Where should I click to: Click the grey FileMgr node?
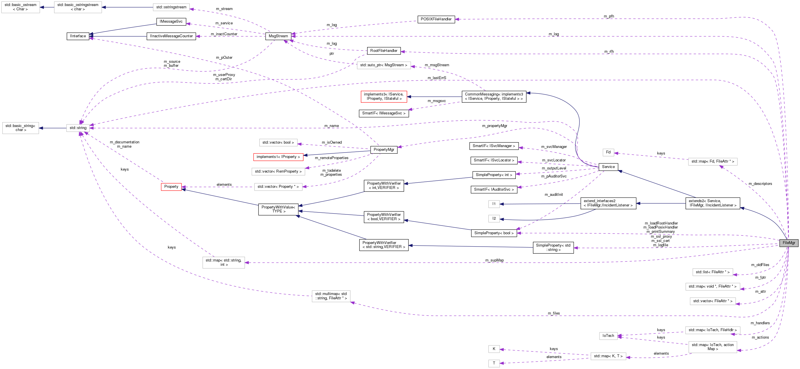pyautogui.click(x=789, y=243)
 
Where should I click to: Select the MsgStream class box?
pyautogui.click(x=278, y=36)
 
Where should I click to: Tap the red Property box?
pyautogui.click(x=171, y=187)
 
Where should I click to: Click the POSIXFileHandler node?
pyautogui.click(x=436, y=19)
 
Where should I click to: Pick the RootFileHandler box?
pyautogui.click(x=384, y=50)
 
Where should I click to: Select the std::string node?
pyautogui.click(x=78, y=128)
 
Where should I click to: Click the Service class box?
pyautogui.click(x=608, y=167)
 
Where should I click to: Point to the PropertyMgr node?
pyautogui.click(x=384, y=150)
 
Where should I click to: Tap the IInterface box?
pyautogui.click(x=78, y=36)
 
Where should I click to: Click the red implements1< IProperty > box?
pyautogui.click(x=278, y=157)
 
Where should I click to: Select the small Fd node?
pyautogui.click(x=608, y=152)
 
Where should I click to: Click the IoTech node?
pyautogui.click(x=608, y=335)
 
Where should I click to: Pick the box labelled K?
pyautogui.click(x=494, y=349)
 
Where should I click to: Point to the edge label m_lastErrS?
pyautogui.click(x=437, y=78)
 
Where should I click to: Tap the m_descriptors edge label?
pyautogui.click(x=760, y=184)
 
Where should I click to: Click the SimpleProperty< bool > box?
pyautogui.click(x=494, y=233)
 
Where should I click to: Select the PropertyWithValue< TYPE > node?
pyautogui.click(x=278, y=209)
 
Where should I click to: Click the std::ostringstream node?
pyautogui.click(x=171, y=7)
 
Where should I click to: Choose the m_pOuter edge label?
pyautogui.click(x=224, y=57)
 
